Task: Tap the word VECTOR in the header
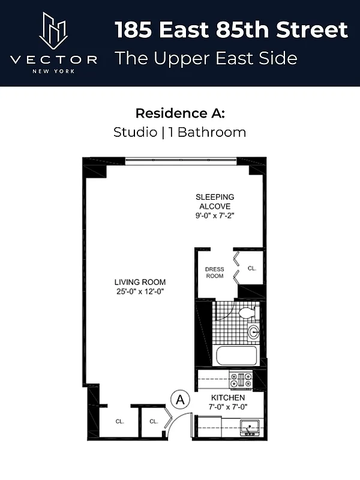[54, 59]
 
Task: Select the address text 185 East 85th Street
[231, 29]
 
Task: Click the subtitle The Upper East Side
[206, 58]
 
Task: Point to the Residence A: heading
[180, 113]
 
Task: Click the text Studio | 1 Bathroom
[180, 132]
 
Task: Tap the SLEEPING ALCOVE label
[215, 202]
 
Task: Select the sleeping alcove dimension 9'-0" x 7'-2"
[215, 215]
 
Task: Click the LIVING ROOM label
[140, 282]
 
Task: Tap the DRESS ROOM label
[214, 272]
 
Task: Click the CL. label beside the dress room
[252, 268]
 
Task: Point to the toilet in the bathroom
[247, 313]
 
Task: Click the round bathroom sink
[253, 331]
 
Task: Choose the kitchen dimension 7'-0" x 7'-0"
[227, 407]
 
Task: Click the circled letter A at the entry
[181, 398]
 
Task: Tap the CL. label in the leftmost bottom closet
[120, 421]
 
